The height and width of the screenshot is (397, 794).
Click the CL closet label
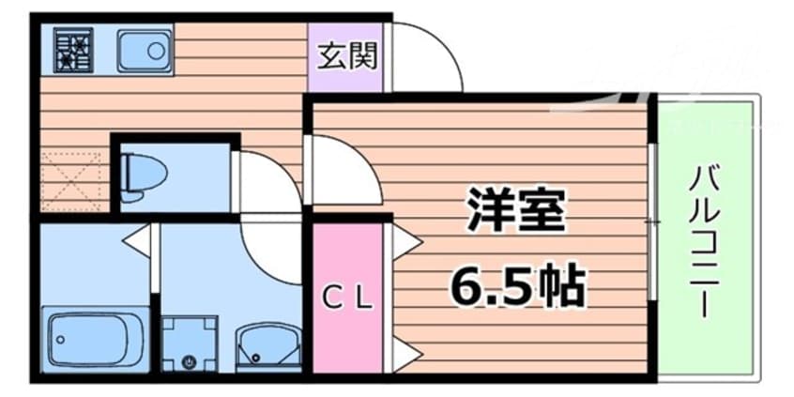(x=348, y=299)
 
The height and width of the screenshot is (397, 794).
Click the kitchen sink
(x=145, y=51)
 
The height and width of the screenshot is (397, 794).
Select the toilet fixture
(x=145, y=175)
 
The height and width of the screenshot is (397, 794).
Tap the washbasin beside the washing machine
(x=262, y=347)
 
